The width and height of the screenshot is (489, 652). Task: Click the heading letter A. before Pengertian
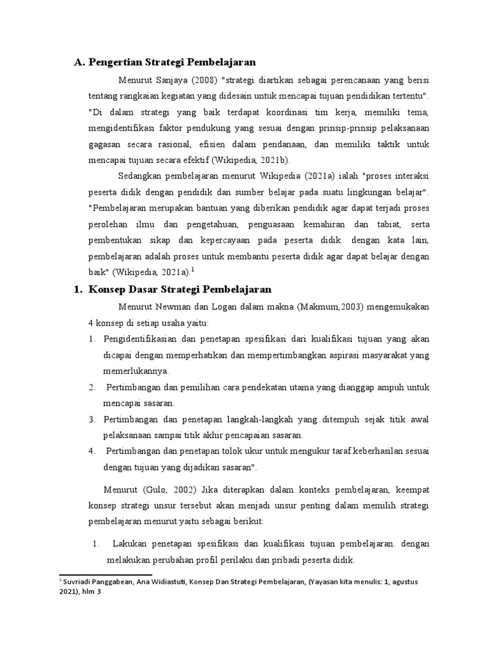click(x=80, y=62)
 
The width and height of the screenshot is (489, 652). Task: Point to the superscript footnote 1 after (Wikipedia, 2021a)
click(x=192, y=270)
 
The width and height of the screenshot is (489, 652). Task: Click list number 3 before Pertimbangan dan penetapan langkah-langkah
click(x=92, y=419)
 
